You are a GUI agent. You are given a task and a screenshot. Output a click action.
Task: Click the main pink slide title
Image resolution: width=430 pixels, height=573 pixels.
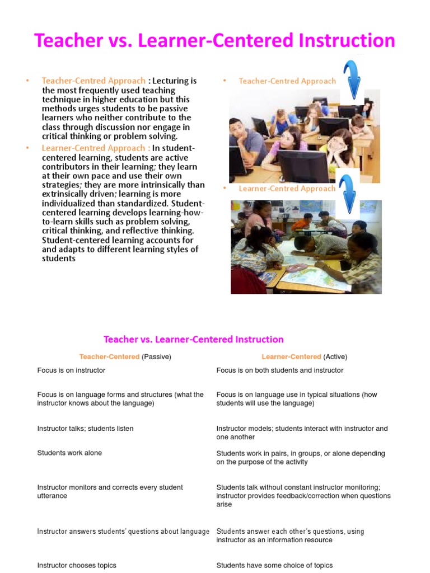pyautogui.click(x=214, y=41)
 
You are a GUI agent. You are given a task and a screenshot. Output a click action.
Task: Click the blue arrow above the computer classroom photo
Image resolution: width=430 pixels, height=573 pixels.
pyautogui.click(x=352, y=80)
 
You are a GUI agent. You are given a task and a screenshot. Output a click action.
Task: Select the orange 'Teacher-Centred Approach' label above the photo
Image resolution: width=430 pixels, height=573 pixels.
pyautogui.click(x=287, y=81)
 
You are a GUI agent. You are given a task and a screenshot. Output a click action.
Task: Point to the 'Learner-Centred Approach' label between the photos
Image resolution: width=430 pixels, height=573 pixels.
pyautogui.click(x=287, y=189)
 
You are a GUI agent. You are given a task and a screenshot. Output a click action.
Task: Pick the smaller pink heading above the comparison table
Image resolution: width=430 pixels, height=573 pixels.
pyautogui.click(x=194, y=339)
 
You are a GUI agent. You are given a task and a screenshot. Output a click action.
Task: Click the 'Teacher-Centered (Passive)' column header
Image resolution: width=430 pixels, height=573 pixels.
pyautogui.click(x=125, y=356)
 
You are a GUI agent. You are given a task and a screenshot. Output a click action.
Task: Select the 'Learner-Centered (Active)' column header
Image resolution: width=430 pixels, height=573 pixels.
pyautogui.click(x=304, y=356)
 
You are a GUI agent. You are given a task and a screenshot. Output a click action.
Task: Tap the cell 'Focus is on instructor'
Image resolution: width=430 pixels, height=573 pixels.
pyautogui.click(x=71, y=370)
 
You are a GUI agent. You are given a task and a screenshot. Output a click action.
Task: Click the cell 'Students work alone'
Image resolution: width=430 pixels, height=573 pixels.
pyautogui.click(x=69, y=453)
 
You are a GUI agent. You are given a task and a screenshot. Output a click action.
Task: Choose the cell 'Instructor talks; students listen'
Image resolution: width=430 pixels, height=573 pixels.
pyautogui.click(x=85, y=429)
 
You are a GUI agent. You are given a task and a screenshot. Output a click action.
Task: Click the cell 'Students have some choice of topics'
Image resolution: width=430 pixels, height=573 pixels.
pyautogui.click(x=274, y=566)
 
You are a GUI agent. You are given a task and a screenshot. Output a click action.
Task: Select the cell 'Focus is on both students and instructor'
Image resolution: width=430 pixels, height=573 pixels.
pyautogui.click(x=280, y=370)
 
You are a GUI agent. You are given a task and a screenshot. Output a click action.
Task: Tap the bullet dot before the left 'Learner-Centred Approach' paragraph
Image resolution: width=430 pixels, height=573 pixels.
pyautogui.click(x=26, y=148)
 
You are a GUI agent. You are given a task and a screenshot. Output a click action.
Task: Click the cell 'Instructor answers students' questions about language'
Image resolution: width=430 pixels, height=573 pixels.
pyautogui.click(x=123, y=532)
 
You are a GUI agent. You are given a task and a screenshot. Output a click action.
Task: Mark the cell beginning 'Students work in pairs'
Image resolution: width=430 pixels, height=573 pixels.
pyautogui.click(x=300, y=458)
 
